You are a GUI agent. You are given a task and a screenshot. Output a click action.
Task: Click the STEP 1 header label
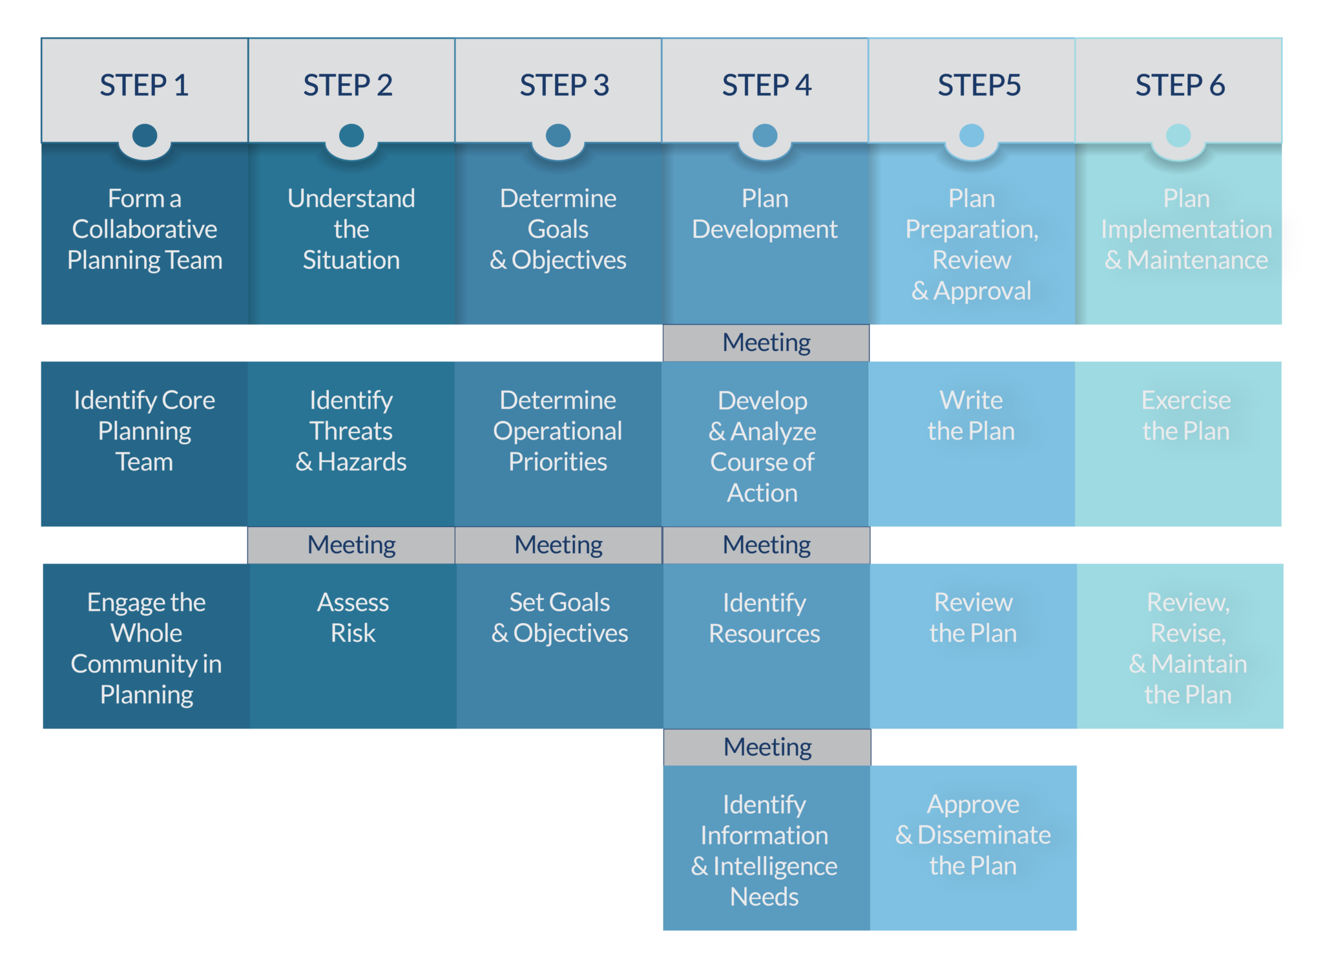pyautogui.click(x=144, y=85)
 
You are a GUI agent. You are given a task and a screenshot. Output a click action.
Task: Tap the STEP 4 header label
pyautogui.click(x=766, y=85)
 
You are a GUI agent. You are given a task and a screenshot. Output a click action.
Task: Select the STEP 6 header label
pyautogui.click(x=1180, y=85)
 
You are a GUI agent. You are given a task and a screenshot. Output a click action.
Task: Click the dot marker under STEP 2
pyautogui.click(x=351, y=136)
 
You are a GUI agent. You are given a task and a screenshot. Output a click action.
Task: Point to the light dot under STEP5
pyautogui.click(x=972, y=136)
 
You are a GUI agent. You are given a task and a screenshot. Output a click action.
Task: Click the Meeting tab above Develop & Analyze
pyautogui.click(x=766, y=343)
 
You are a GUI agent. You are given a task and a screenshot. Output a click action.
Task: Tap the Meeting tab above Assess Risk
pyautogui.click(x=351, y=545)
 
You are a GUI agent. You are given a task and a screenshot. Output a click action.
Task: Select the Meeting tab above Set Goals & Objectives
pyautogui.click(x=558, y=545)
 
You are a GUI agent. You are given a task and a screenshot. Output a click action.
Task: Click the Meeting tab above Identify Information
pyautogui.click(x=767, y=747)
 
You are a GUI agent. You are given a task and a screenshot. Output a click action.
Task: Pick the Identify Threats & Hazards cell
pyautogui.click(x=351, y=431)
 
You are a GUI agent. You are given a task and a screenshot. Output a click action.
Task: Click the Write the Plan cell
pyautogui.click(x=971, y=416)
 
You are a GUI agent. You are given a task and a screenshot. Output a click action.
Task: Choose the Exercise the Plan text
pyautogui.click(x=1186, y=416)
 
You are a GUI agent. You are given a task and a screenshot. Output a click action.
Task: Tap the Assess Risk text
pyautogui.click(x=353, y=617)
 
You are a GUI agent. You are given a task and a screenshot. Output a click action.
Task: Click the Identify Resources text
pyautogui.click(x=764, y=618)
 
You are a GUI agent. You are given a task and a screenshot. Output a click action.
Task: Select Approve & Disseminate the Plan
pyautogui.click(x=973, y=834)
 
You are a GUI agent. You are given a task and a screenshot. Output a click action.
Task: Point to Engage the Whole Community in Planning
pyautogui.click(x=147, y=648)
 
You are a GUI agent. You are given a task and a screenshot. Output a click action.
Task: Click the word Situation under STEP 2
pyautogui.click(x=351, y=260)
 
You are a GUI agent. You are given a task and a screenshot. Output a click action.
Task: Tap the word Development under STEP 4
pyautogui.click(x=765, y=229)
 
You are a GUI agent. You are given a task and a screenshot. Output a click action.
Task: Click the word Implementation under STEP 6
pyautogui.click(x=1186, y=229)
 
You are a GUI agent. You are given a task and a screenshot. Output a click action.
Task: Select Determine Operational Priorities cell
pyautogui.click(x=558, y=431)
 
